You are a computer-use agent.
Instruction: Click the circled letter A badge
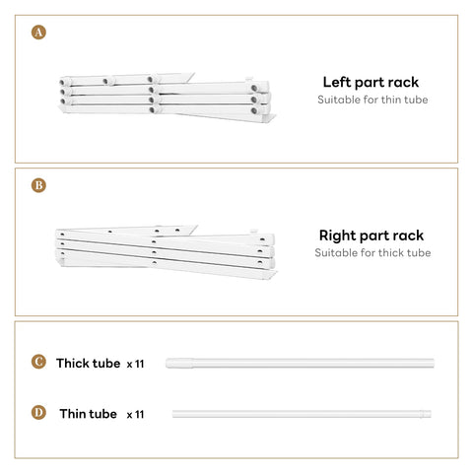click(38, 33)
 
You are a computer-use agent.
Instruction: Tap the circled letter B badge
click(38, 185)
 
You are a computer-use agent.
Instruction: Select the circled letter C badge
click(38, 362)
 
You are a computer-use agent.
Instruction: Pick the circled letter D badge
click(38, 413)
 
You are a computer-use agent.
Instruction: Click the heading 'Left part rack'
click(371, 83)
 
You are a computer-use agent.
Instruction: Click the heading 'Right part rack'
click(372, 236)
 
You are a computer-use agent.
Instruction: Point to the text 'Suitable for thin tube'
click(372, 100)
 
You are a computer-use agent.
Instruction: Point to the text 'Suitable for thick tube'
click(372, 253)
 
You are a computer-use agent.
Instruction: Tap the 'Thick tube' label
click(89, 364)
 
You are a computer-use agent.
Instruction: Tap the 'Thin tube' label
click(88, 414)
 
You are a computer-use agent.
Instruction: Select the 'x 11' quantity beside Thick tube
click(135, 364)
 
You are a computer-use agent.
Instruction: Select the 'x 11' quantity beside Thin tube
click(135, 415)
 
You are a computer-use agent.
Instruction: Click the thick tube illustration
click(300, 364)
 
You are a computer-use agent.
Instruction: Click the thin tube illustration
click(302, 414)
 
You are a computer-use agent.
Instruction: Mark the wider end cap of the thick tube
click(179, 364)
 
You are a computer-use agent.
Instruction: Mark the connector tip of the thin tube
click(425, 414)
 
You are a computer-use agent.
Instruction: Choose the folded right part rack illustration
click(167, 252)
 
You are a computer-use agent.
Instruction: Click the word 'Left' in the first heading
click(337, 82)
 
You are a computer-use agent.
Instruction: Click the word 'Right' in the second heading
click(337, 236)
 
